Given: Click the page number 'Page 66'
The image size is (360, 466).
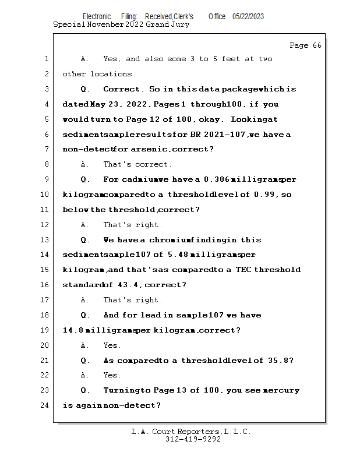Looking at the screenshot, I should pos(305,45).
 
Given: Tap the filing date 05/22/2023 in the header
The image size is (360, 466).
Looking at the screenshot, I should pos(248,16).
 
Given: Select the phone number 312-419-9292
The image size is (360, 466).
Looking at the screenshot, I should pos(193,439).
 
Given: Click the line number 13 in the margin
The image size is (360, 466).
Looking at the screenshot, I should pos(45,240).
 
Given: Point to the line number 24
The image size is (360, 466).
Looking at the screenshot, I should pos(45,405).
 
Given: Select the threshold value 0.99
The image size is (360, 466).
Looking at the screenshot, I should pos(265,195).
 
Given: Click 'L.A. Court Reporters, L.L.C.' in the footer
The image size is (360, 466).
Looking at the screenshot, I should pos(191,432).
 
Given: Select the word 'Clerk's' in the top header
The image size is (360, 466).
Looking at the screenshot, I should pos(182,16).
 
